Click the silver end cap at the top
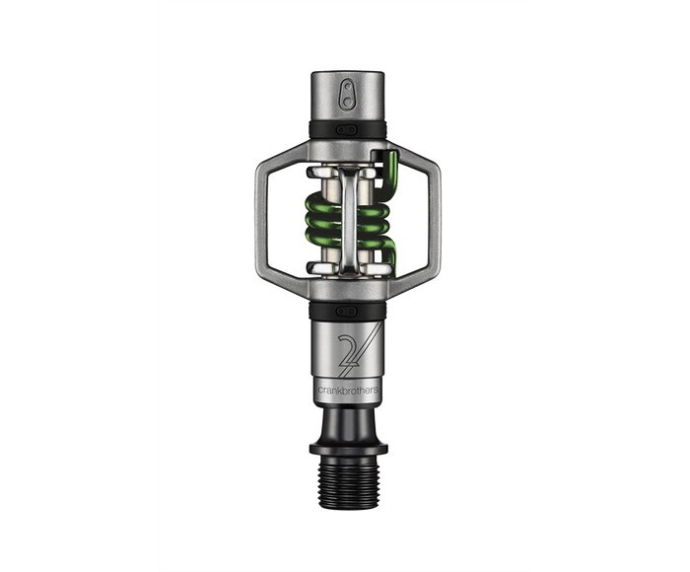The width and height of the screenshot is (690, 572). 345,96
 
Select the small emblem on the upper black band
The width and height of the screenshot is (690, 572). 345,129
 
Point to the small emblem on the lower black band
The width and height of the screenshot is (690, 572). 345,309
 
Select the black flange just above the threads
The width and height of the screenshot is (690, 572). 346,446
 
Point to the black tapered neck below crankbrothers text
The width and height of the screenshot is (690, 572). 346,419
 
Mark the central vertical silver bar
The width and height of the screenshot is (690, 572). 347,219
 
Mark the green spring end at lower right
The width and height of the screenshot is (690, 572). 389,258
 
